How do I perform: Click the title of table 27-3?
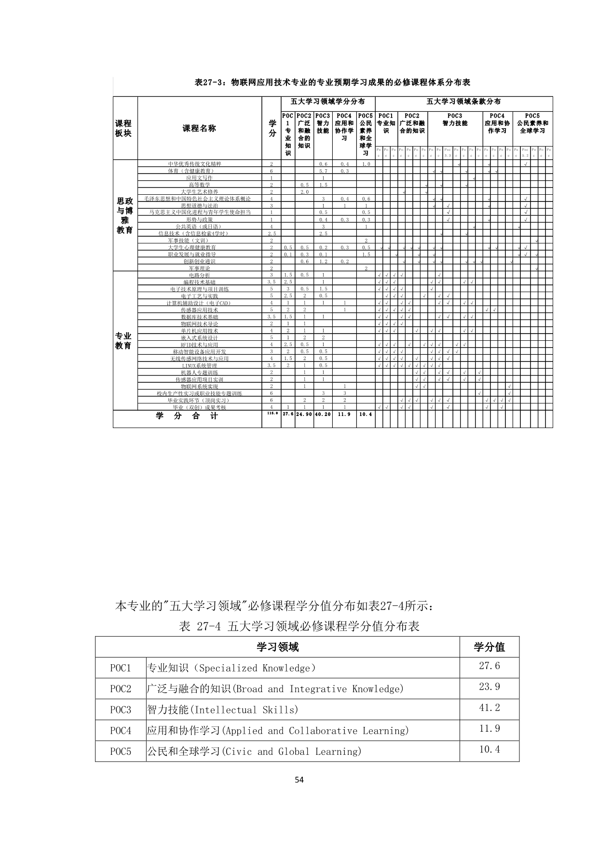pyautogui.click(x=332, y=82)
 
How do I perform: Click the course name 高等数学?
pyautogui.click(x=200, y=185)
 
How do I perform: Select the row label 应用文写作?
pyautogui.click(x=200, y=178)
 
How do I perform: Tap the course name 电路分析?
pyautogui.click(x=200, y=275)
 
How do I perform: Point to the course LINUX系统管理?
pyautogui.click(x=200, y=366)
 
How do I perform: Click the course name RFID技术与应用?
pyautogui.click(x=200, y=345)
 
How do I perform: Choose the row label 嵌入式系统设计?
pyautogui.click(x=200, y=338)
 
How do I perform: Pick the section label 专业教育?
pyautogui.click(x=123, y=341)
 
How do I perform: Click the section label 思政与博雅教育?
pyautogui.click(x=125, y=215)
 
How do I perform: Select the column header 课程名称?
pyautogui.click(x=199, y=128)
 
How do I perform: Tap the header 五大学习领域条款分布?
pyautogui.click(x=463, y=102)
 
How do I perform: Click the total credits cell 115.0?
pyautogui.click(x=272, y=414)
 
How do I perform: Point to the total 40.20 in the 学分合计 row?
pyautogui.click(x=323, y=414)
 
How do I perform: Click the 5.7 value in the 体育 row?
pyautogui.click(x=323, y=171)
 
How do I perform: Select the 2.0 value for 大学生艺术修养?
pyautogui.click(x=304, y=192)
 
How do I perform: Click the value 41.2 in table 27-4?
pyautogui.click(x=489, y=708)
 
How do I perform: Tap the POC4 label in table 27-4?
pyautogui.click(x=121, y=731)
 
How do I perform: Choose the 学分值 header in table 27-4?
pyautogui.click(x=489, y=647)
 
